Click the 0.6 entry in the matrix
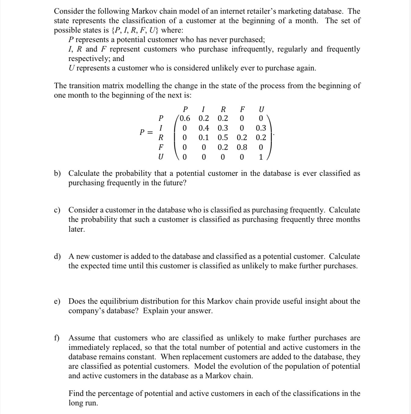(x=185, y=118)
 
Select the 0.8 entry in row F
(x=242, y=147)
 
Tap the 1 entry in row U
(x=261, y=157)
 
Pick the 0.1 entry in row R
(x=204, y=138)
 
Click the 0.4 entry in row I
(x=204, y=128)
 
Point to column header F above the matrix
(x=242, y=109)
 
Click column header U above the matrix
(x=261, y=109)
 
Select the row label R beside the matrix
(x=161, y=137)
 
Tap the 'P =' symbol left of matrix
(x=146, y=132)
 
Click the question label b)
(x=57, y=173)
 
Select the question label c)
(x=57, y=210)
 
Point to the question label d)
(x=57, y=256)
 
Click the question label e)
(x=57, y=301)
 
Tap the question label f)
(x=56, y=338)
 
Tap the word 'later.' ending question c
(x=77, y=229)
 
